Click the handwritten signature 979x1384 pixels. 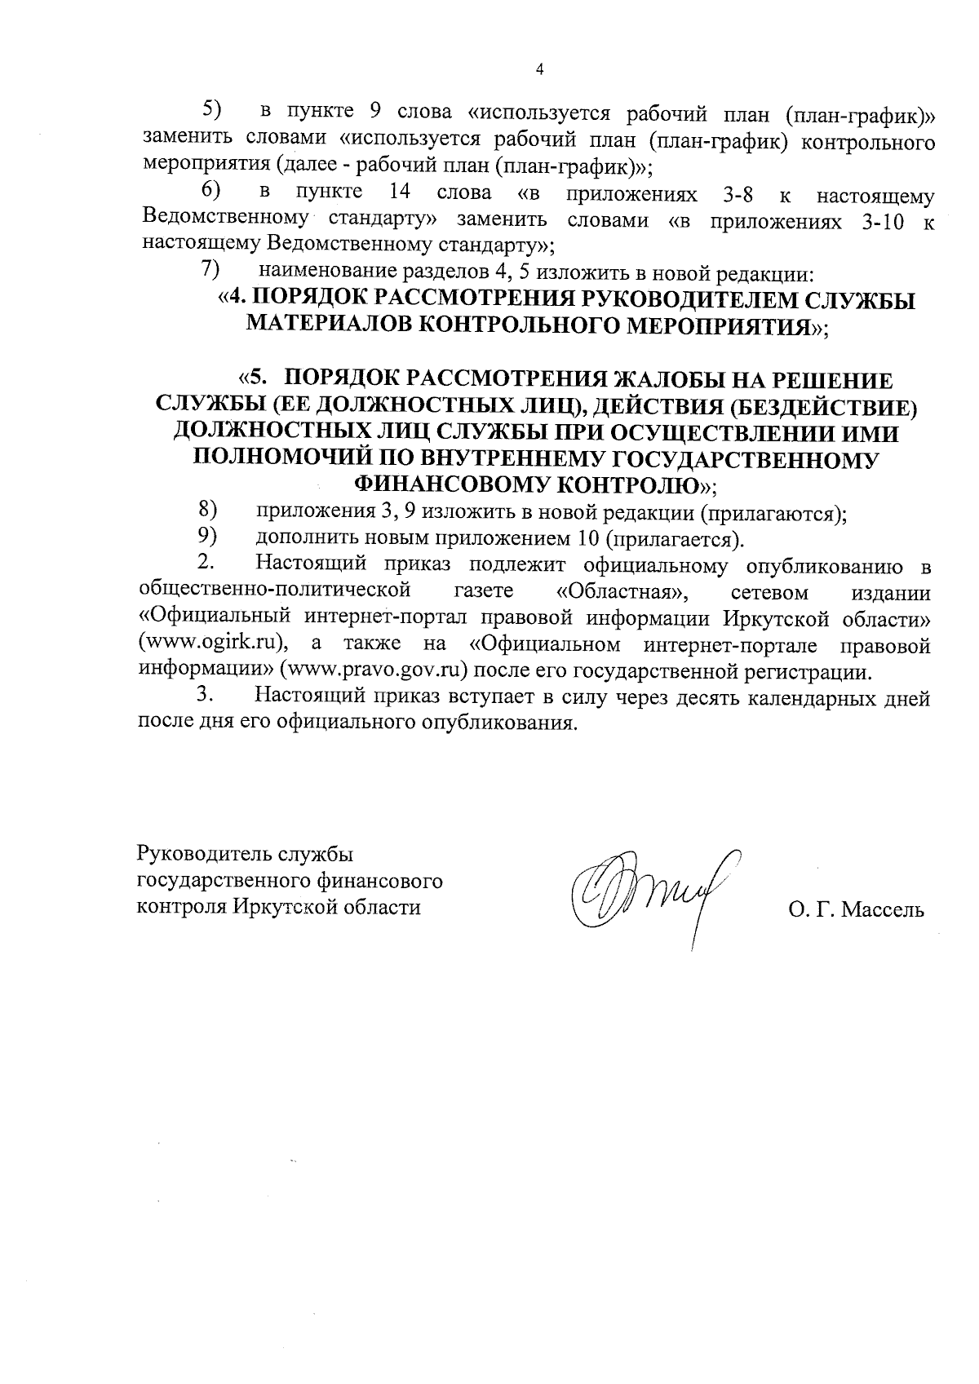point(653,897)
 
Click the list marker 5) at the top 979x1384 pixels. point(211,108)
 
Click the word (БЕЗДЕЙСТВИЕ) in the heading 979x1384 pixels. point(823,406)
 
